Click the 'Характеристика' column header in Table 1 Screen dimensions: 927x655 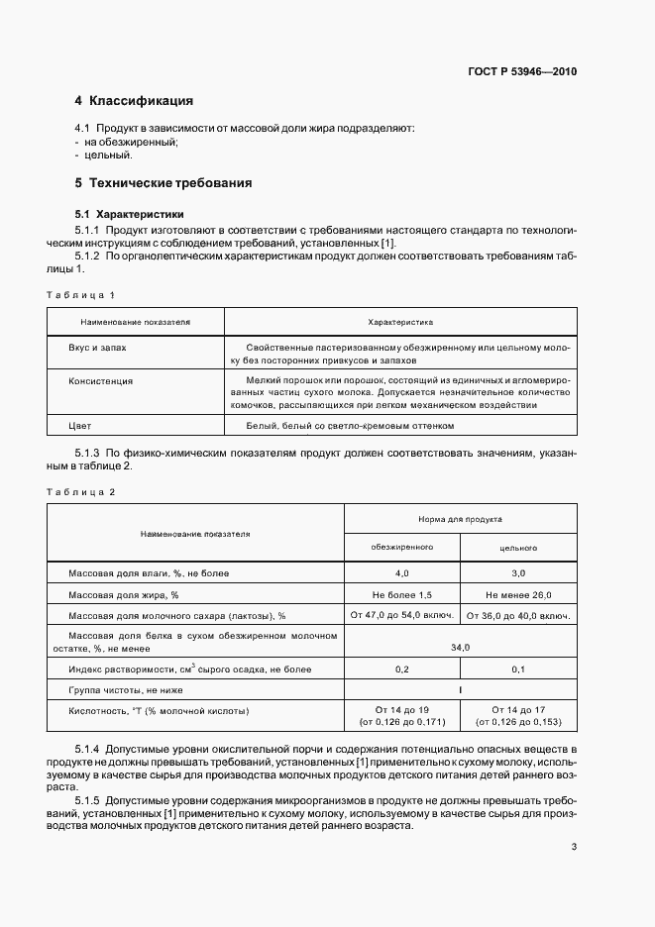400,322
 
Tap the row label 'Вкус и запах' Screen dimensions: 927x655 97,350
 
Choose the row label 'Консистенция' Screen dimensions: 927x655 100,380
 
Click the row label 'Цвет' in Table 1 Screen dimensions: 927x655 79,426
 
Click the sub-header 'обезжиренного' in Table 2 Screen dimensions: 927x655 401,547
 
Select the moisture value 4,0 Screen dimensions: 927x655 401,573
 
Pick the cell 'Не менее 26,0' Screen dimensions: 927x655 518,594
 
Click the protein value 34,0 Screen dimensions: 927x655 460,647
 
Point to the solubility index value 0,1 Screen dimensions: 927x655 518,669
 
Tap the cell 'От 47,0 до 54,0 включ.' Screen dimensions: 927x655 401,615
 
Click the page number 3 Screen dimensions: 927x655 574,846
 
